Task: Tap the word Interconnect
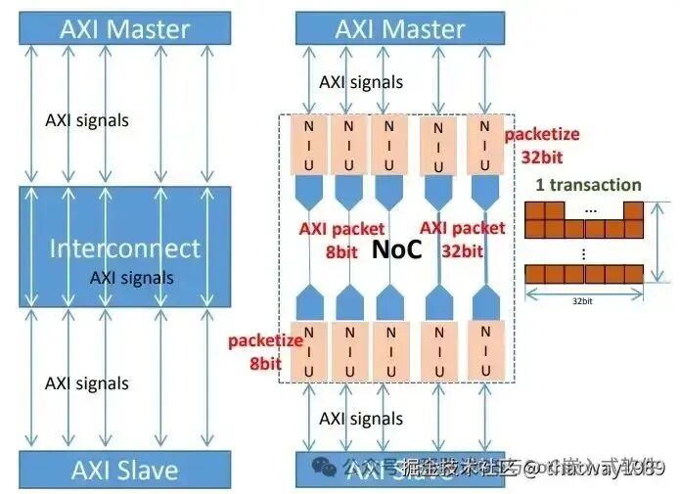pyautogui.click(x=124, y=247)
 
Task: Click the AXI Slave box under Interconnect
pyautogui.click(x=124, y=471)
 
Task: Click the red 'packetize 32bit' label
pyautogui.click(x=541, y=144)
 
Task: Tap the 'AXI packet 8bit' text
pyautogui.click(x=341, y=238)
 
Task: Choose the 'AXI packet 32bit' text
pyautogui.click(x=462, y=238)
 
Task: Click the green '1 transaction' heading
pyautogui.click(x=588, y=185)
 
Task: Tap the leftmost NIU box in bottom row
pyautogui.click(x=310, y=350)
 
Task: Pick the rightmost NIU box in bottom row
pyautogui.click(x=485, y=350)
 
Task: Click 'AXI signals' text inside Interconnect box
pyautogui.click(x=131, y=277)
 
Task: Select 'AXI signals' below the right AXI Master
pyautogui.click(x=360, y=81)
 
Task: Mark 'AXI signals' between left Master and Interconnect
pyautogui.click(x=87, y=120)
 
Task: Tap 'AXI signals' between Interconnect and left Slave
pyautogui.click(x=87, y=382)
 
